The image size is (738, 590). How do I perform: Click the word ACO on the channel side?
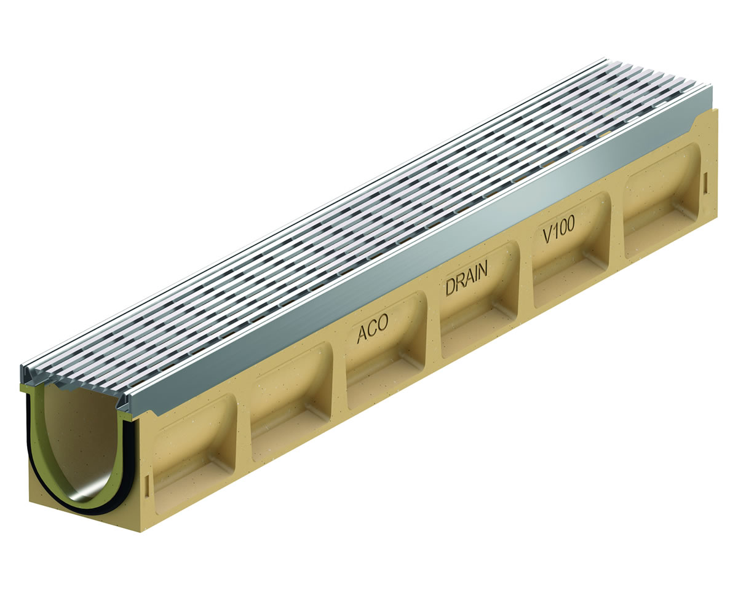point(372,328)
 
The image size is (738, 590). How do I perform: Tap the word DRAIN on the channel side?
point(466,277)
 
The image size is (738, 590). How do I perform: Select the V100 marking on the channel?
point(558,229)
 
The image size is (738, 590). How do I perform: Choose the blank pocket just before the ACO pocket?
point(292,401)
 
